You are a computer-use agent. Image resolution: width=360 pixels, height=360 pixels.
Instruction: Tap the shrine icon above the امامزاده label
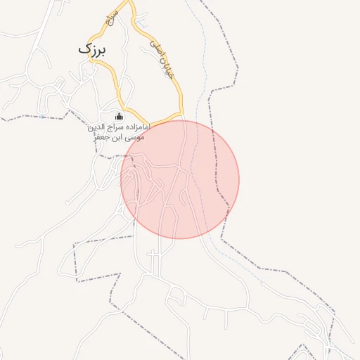(x=119, y=117)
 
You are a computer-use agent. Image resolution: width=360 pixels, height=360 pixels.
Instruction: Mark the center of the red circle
(x=180, y=179)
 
